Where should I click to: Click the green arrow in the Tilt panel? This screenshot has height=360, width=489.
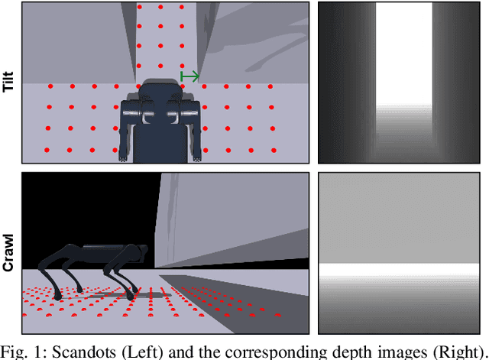(189, 76)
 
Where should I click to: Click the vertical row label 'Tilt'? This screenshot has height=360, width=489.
(8, 82)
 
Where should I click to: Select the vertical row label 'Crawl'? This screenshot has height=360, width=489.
(8, 253)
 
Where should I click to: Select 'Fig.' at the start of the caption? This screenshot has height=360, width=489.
(13, 352)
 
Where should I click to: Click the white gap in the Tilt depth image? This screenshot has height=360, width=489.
(404, 54)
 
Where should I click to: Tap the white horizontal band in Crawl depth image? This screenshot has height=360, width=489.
(399, 270)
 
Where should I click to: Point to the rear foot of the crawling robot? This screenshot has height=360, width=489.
(58, 297)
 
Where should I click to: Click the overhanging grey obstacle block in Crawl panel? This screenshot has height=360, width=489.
(232, 219)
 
